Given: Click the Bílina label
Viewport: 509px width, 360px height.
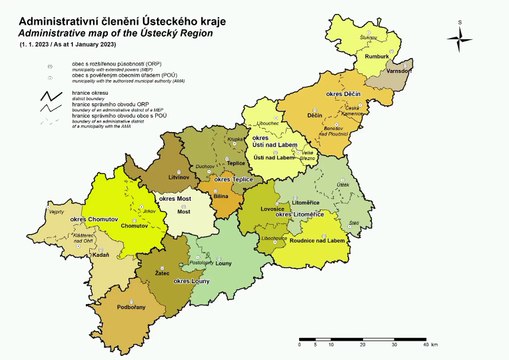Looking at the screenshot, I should [x=221, y=198].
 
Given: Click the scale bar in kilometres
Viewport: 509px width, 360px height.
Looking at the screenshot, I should [x=364, y=334].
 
